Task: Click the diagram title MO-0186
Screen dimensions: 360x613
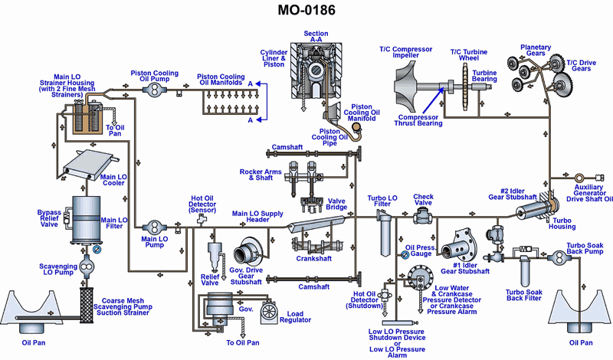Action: [306, 12]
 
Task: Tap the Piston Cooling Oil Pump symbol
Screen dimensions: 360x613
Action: [155, 90]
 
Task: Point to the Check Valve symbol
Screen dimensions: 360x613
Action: [421, 217]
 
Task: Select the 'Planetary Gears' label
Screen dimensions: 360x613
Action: [536, 51]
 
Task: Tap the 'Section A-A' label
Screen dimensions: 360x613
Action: [316, 38]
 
